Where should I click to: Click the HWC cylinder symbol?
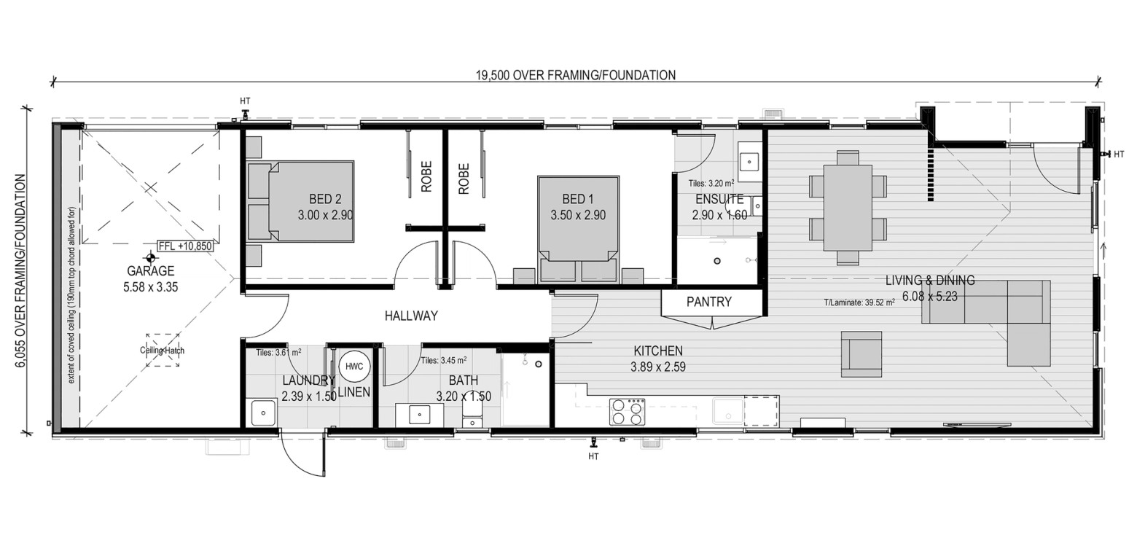click(x=353, y=366)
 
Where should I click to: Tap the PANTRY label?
click(x=708, y=302)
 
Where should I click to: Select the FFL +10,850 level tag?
click(x=185, y=246)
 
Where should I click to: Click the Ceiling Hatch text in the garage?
click(x=162, y=351)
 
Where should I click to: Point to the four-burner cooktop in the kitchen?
click(x=628, y=412)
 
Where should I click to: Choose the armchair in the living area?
click(x=861, y=353)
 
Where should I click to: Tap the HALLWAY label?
click(x=411, y=316)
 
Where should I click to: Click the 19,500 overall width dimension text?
click(x=576, y=76)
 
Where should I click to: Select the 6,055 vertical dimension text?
click(x=21, y=273)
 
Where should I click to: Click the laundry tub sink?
click(x=263, y=413)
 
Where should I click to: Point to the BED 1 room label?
click(x=578, y=200)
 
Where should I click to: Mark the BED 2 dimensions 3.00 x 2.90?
click(x=325, y=215)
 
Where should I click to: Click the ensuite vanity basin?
click(x=749, y=162)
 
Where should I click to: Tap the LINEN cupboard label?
click(x=353, y=392)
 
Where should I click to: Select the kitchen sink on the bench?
click(x=728, y=412)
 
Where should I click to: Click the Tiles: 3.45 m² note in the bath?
click(x=444, y=361)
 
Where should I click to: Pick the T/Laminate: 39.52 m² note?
click(x=859, y=303)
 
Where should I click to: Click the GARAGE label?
click(x=150, y=271)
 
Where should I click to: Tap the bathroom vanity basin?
click(x=419, y=415)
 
